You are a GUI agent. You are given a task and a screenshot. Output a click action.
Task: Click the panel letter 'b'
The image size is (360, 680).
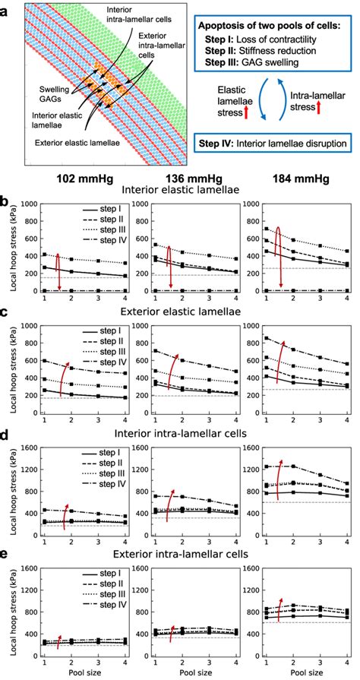point(6,204)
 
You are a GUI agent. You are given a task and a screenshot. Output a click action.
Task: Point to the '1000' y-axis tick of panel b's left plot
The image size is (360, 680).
point(30,204)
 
